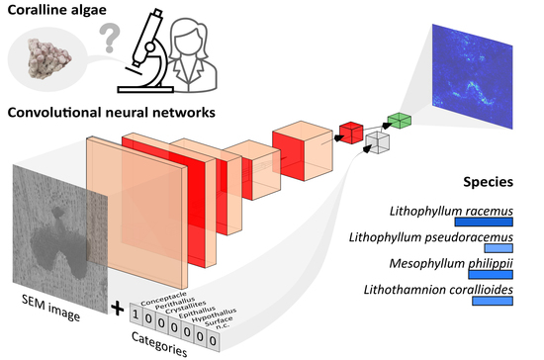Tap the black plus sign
click(118, 309)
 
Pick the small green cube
click(399, 121)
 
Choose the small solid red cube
click(350, 131)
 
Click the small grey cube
click(378, 141)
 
